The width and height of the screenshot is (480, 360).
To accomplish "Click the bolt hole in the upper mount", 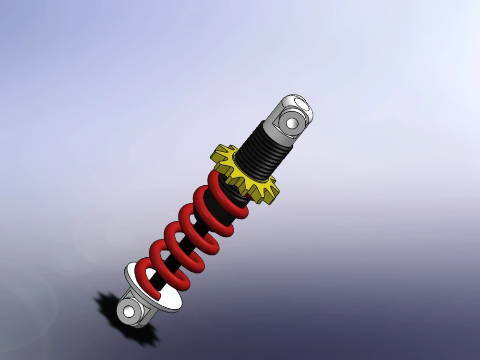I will [x=291, y=123].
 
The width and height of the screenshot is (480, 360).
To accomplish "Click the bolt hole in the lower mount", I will [x=128, y=312].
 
